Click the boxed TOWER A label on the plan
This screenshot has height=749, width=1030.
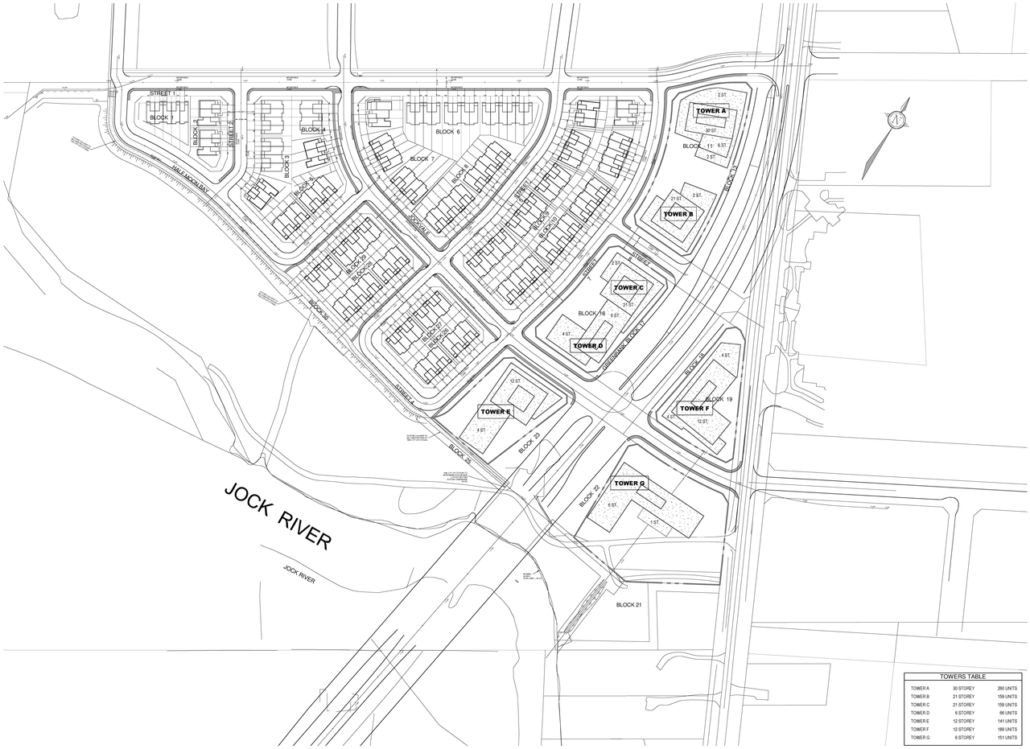click(711, 111)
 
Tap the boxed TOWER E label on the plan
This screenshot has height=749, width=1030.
click(496, 412)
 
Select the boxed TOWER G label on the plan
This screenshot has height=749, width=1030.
click(629, 484)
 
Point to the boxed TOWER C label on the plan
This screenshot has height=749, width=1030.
click(628, 288)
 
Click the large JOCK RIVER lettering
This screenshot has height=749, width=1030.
click(277, 516)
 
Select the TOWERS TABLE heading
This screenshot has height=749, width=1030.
click(962, 677)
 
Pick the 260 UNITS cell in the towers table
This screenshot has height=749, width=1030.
click(1007, 689)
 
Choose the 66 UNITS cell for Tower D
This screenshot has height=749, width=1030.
click(1007, 713)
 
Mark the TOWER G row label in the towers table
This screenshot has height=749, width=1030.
click(920, 738)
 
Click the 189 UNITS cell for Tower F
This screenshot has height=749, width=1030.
click(1007, 730)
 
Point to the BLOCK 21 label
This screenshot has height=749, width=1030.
click(629, 605)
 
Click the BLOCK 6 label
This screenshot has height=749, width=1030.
click(447, 131)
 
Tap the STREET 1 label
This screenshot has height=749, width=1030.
click(162, 94)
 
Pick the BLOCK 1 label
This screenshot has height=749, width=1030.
click(161, 118)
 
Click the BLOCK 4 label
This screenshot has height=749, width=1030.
click(313, 130)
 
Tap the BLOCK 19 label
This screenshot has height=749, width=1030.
click(719, 399)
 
